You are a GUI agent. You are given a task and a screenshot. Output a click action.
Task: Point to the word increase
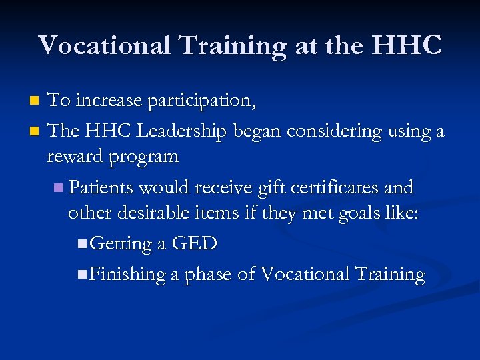[109, 101]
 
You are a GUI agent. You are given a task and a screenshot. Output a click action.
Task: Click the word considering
[337, 131]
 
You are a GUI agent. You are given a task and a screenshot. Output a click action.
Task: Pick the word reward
[73, 157]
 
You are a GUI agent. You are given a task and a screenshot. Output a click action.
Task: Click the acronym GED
[194, 244]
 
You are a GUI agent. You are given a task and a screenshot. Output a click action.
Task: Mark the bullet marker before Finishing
[81, 274]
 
